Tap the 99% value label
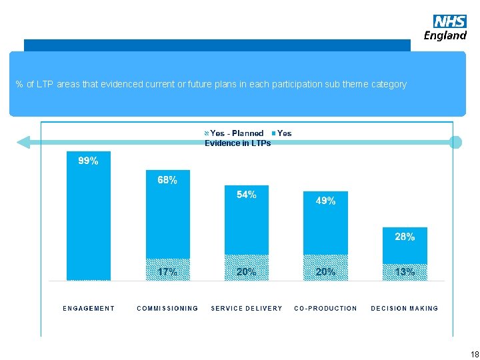pos(88,161)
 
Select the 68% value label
pos(167,180)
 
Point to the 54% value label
pos(247,195)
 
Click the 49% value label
pos(325,201)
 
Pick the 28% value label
pos(405,237)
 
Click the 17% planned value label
pos(167,272)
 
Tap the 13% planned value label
pos(405,272)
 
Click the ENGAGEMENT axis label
pos(89,309)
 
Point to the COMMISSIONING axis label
pos(167,309)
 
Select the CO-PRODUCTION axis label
pos(325,309)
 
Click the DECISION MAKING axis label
pos(405,309)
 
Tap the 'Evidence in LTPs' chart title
pos(238,143)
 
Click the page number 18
pos(474,354)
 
